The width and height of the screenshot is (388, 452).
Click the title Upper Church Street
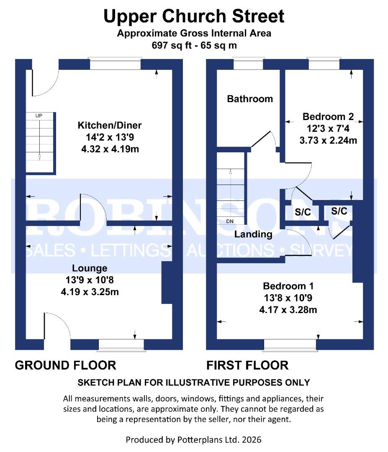(x=194, y=17)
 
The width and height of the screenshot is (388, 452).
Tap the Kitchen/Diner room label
(x=110, y=125)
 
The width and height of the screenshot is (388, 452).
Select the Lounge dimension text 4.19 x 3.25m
(x=90, y=292)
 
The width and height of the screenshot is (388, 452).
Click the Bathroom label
(x=250, y=99)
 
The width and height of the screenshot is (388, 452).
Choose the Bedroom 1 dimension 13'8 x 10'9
(x=288, y=298)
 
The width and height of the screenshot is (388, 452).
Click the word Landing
(x=253, y=234)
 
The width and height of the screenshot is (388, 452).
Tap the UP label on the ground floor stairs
(x=39, y=115)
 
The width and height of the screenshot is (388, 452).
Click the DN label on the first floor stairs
(x=229, y=221)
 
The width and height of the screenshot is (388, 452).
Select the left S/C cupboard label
(x=303, y=213)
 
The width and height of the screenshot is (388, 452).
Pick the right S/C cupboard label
(x=339, y=211)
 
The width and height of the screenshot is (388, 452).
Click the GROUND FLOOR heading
(x=65, y=365)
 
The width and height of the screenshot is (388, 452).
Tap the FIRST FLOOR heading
(x=247, y=365)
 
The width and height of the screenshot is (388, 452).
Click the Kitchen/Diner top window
(x=115, y=64)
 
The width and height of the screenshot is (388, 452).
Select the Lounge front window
(x=121, y=344)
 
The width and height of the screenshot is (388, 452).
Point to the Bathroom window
(x=248, y=64)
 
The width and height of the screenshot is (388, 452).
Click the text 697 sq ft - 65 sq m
(x=194, y=45)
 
